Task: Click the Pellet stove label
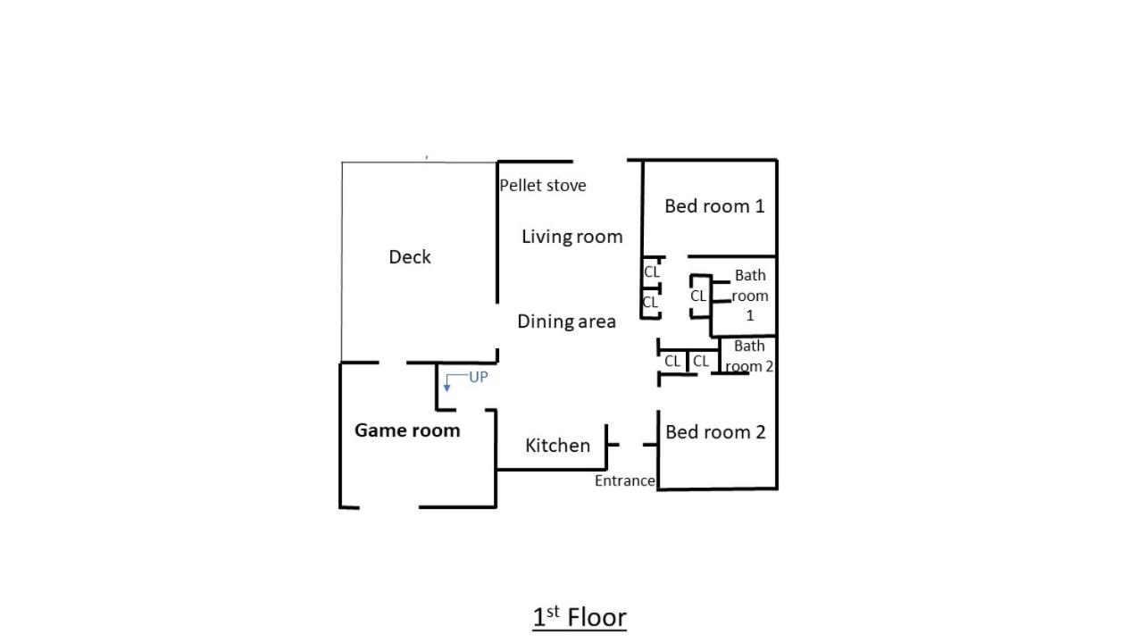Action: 542,185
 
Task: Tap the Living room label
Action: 572,237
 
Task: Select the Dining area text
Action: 566,321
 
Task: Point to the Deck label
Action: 410,256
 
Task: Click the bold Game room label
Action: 407,430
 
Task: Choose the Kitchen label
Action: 557,446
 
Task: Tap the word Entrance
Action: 624,480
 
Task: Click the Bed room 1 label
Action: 714,206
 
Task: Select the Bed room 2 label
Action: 715,432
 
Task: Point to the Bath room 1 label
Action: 749,296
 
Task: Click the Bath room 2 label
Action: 749,356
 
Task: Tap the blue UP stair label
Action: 478,377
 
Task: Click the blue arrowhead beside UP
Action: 447,388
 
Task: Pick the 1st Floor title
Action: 580,617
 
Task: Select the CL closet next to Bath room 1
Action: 697,296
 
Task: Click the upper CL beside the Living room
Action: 652,272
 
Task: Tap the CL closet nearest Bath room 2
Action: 701,362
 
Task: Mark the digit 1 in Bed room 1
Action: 760,206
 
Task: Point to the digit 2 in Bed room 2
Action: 760,432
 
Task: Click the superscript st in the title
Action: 553,611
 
